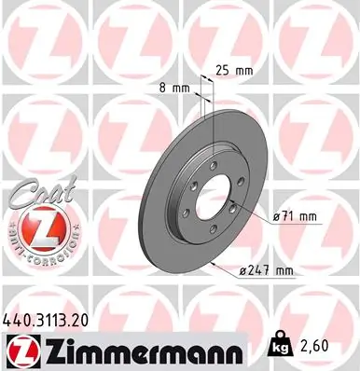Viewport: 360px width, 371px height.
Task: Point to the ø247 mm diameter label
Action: point(266,271)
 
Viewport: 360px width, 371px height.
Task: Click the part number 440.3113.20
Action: point(50,318)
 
